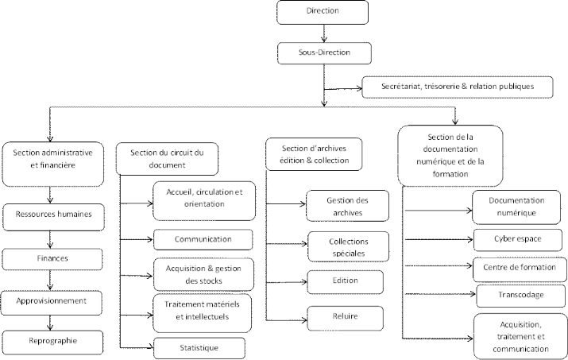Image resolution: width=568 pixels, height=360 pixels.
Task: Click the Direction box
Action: pos(323,12)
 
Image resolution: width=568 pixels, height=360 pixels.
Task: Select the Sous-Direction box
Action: pos(323,53)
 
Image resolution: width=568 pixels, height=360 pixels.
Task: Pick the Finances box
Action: pos(50,258)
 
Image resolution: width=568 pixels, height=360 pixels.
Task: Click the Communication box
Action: pos(203,238)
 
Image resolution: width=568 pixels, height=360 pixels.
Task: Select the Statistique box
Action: pos(198,347)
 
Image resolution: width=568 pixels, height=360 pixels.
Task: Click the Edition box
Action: pos(345,282)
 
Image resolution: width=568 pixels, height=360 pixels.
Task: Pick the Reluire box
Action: pos(345,317)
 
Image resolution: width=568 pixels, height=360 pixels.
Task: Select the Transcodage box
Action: pos(521,296)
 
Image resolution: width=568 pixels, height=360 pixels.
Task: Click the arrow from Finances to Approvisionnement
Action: pos(50,280)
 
